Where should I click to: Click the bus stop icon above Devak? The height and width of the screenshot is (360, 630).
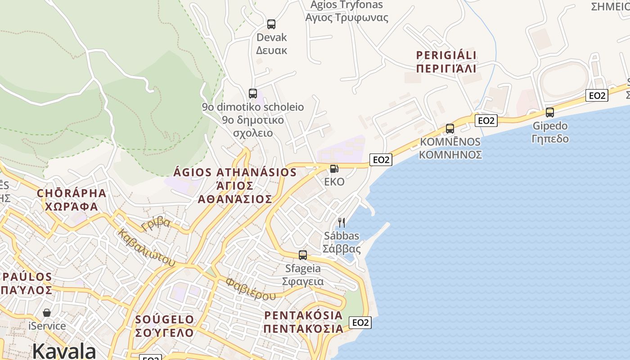[x=271, y=24]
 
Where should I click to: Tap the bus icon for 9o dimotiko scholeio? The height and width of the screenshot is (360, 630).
[x=253, y=94]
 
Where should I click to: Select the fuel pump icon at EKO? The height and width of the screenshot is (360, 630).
[x=334, y=169]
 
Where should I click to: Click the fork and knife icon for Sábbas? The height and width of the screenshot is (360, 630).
[x=342, y=222]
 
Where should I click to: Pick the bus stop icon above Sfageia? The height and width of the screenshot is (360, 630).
[x=303, y=255]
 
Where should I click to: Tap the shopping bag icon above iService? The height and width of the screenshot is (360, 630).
[x=47, y=312]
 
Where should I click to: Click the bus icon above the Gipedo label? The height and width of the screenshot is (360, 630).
[x=549, y=112]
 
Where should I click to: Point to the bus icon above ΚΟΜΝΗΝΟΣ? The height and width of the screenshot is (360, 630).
[x=450, y=129]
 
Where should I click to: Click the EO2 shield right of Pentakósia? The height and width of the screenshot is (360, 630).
[x=360, y=322]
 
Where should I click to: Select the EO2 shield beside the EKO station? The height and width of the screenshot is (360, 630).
[x=381, y=159]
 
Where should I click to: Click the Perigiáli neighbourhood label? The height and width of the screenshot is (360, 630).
[x=446, y=62]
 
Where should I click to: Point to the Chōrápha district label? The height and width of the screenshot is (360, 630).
[x=72, y=199]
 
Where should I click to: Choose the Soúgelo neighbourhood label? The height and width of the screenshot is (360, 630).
[x=165, y=326]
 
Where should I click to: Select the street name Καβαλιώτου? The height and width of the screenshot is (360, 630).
[x=146, y=247]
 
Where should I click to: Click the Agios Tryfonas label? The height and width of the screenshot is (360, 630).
[x=346, y=11]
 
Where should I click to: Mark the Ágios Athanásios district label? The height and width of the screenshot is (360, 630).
[x=235, y=185]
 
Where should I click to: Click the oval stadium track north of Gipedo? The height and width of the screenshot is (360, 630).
[x=564, y=81]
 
